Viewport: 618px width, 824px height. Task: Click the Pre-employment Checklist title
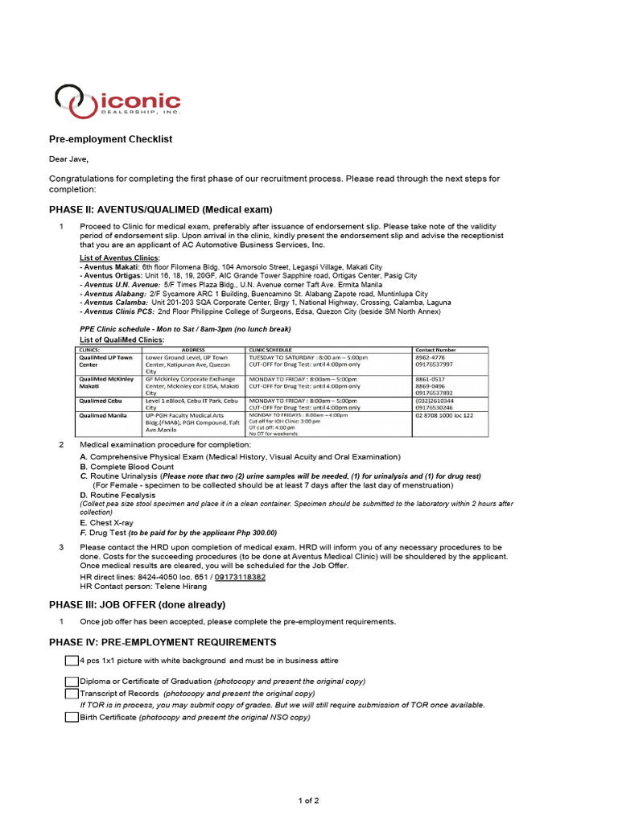coord(111,139)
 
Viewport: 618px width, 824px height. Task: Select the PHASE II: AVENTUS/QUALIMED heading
coord(161,209)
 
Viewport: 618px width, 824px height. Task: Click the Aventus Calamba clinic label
coord(117,303)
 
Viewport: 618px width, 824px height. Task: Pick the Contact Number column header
coord(436,350)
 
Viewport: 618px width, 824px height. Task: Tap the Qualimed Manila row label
coord(102,415)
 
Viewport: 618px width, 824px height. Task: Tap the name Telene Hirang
coord(181,587)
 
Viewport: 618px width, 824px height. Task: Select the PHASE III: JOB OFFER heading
coord(138,604)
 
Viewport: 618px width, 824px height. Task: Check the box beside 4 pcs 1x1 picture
coord(72,661)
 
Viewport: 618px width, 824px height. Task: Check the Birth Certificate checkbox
coord(72,717)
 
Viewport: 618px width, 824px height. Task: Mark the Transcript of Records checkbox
coord(72,693)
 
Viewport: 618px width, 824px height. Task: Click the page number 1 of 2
coord(309,801)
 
